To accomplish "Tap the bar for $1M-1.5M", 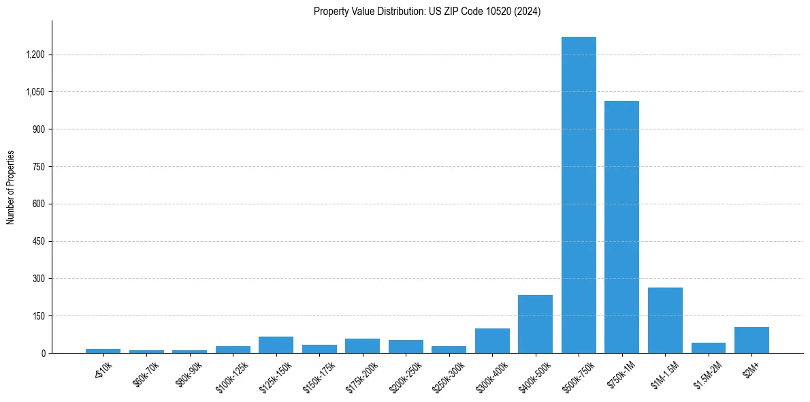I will coord(665,320).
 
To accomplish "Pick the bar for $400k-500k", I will coord(535,324).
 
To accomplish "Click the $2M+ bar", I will coord(751,340).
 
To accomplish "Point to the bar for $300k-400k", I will coord(492,341).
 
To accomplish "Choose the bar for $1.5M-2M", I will coord(708,348).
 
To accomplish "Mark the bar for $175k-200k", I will coord(362,346).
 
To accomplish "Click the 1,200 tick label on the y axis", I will coord(34,55).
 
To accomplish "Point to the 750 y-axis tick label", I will coord(37,166).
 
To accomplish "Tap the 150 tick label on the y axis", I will coord(37,316).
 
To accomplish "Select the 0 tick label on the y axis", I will coord(42,353).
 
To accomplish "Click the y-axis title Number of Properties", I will coord(10,187).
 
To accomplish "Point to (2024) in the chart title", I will coord(528,12).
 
